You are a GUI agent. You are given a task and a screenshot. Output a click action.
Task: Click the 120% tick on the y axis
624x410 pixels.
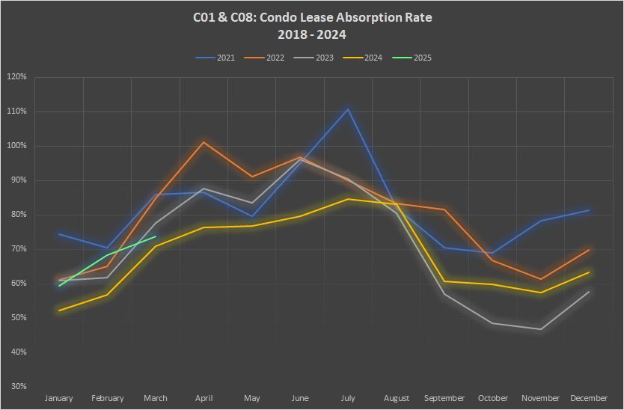click(x=16, y=77)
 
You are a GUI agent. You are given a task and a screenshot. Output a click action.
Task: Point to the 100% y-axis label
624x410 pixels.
click(x=16, y=146)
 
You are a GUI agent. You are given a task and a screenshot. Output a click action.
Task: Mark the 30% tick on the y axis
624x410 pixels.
click(x=18, y=386)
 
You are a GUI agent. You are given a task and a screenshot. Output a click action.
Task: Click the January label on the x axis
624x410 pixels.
click(x=59, y=398)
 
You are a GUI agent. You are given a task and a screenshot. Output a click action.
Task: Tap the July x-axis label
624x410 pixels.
click(x=349, y=398)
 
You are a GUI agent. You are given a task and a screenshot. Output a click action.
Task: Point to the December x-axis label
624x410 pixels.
click(x=590, y=398)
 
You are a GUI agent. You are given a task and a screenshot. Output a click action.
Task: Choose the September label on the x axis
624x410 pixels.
click(x=444, y=398)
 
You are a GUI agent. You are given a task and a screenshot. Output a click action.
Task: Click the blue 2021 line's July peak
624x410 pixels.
click(x=349, y=109)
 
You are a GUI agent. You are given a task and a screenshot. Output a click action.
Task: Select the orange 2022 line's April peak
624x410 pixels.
click(x=204, y=141)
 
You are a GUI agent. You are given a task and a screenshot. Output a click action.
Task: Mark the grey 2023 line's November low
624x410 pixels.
click(x=541, y=329)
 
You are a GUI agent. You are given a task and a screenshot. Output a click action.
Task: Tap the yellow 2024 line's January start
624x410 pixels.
click(x=59, y=310)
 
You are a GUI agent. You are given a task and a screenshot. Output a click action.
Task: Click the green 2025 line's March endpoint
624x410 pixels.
click(x=156, y=236)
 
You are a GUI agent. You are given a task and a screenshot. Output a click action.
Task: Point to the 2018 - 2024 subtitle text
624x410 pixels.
click(x=312, y=34)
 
